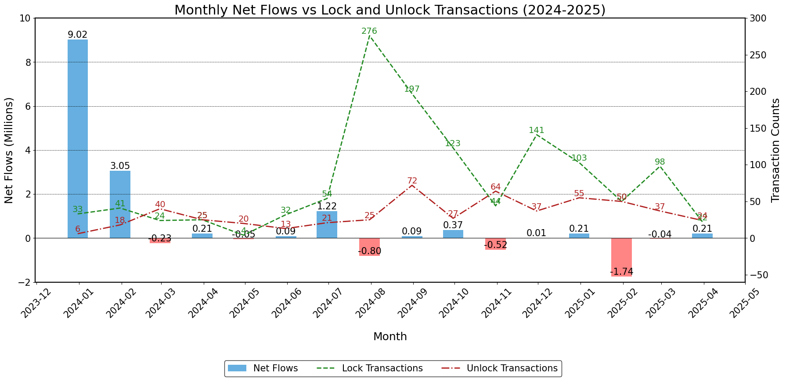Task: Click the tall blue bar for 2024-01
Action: [78, 139]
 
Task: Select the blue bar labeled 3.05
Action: [120, 204]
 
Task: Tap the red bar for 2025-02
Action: [621, 257]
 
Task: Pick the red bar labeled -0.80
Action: [369, 247]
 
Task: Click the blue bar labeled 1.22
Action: [327, 225]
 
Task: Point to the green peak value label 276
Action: [369, 31]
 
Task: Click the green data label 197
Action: [412, 90]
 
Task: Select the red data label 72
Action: [412, 181]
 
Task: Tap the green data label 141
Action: [537, 130]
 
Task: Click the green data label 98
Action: [660, 162]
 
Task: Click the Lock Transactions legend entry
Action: [370, 368]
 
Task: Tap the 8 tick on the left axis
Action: [28, 62]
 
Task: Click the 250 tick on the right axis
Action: [757, 55]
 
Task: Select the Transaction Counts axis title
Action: [776, 150]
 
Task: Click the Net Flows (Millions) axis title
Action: [9, 150]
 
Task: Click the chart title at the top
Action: [390, 10]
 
